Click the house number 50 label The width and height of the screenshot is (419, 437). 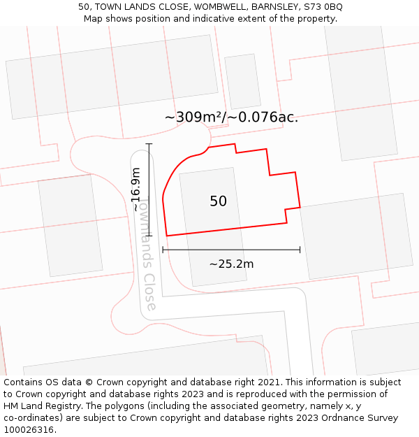coord(218,201)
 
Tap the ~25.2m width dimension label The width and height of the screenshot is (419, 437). coord(231,264)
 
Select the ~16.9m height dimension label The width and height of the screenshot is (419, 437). coord(136,189)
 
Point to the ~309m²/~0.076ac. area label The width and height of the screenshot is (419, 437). coord(231,117)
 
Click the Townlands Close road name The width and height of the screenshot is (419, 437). coord(145,252)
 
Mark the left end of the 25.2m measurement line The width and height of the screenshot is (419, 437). coord(163,249)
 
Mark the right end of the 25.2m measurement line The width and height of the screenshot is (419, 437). coord(300,249)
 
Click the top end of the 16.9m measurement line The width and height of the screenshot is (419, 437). coord(149,144)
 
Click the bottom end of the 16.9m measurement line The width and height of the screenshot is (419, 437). coord(149,236)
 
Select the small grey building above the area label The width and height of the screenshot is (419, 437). coord(242,81)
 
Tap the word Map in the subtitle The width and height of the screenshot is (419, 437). coord(94,19)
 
